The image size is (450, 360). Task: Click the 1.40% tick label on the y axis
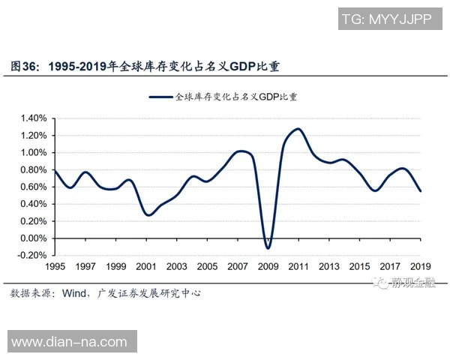pos(34,118)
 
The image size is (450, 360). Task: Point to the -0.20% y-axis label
pos(31,255)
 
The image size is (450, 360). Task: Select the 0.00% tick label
pos(34,238)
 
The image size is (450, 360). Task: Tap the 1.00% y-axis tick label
pos(34,152)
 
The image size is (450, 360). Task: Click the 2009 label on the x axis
pos(268,267)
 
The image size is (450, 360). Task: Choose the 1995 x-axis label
pos(55,267)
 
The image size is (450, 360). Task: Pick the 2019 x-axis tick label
pos(421,267)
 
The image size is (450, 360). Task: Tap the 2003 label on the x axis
pos(177,267)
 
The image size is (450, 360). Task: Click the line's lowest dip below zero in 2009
pos(268,248)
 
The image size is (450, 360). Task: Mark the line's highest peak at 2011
pos(298,128)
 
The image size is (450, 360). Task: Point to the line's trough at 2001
pos(148,215)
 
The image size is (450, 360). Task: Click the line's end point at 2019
pos(421,191)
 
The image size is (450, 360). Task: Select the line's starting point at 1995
pos(55,171)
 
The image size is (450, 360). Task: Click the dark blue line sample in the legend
pos(161,97)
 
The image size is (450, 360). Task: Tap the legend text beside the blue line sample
pos(236,97)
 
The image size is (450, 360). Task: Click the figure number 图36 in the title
pos(24,66)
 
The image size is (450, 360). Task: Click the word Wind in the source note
pos(74,293)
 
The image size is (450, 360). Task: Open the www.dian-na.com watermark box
pos(72,341)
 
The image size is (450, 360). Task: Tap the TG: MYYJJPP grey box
pos(390,19)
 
